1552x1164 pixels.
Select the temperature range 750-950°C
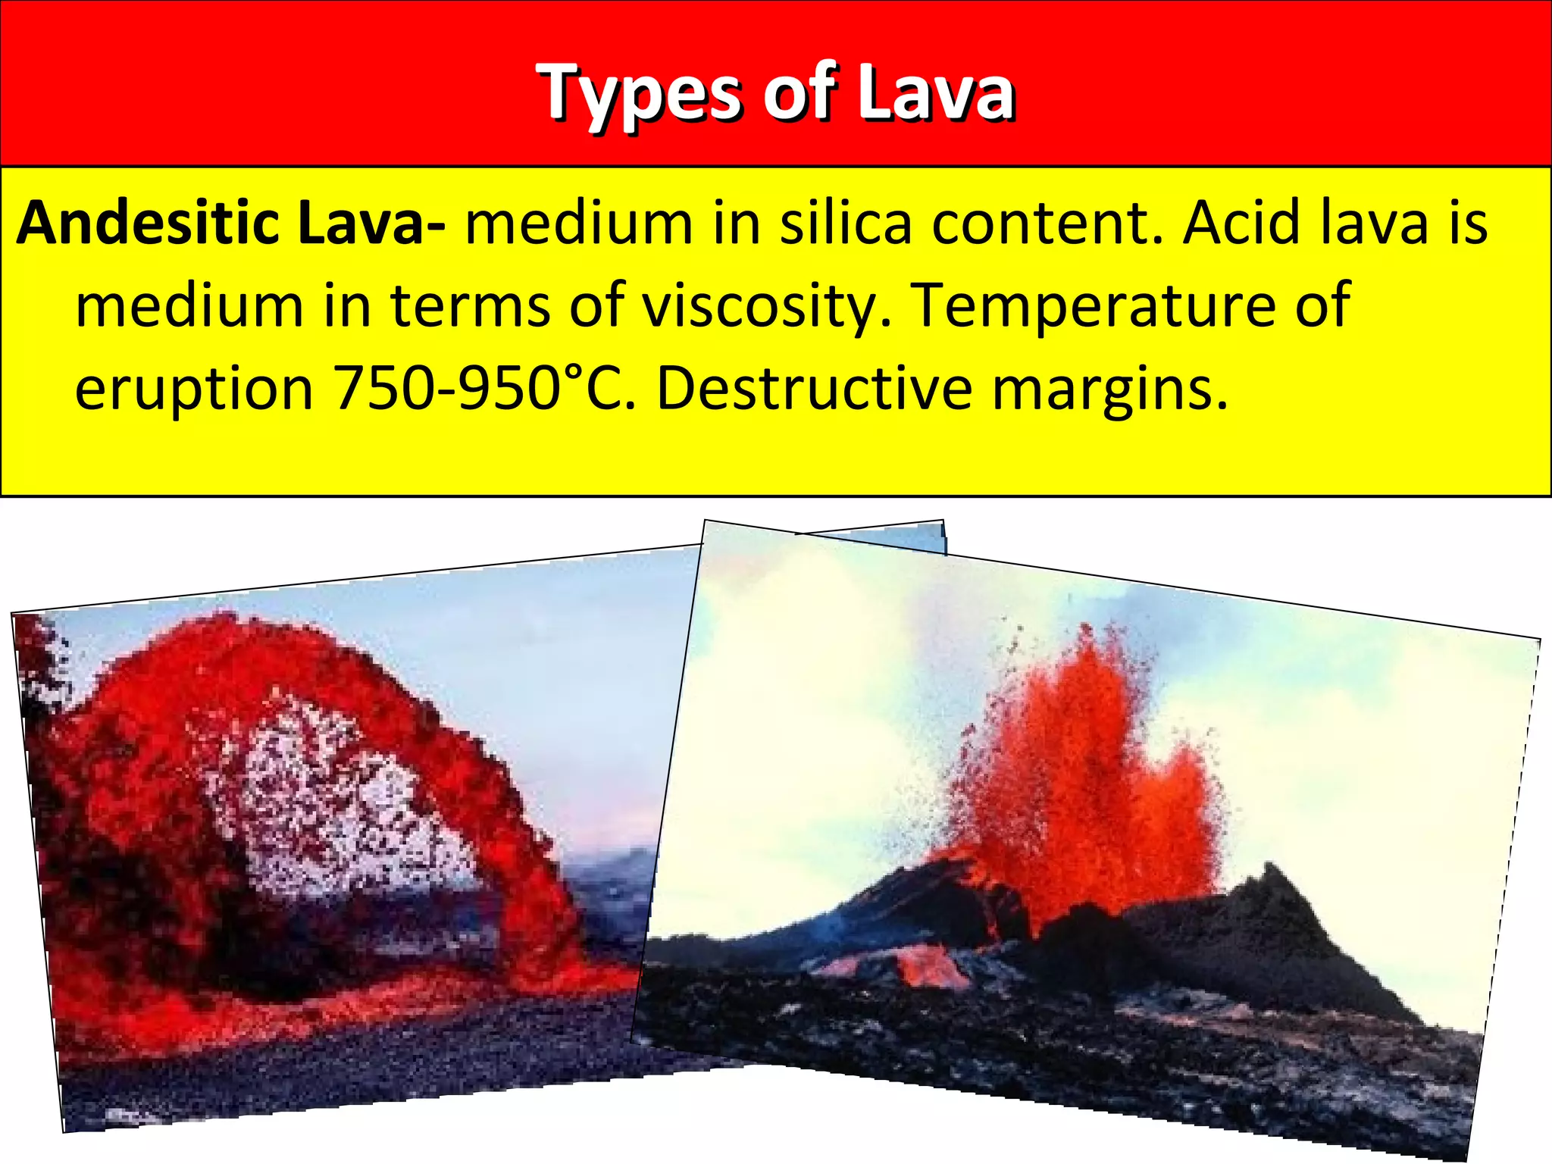[485, 388]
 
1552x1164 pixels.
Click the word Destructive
[814, 388]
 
